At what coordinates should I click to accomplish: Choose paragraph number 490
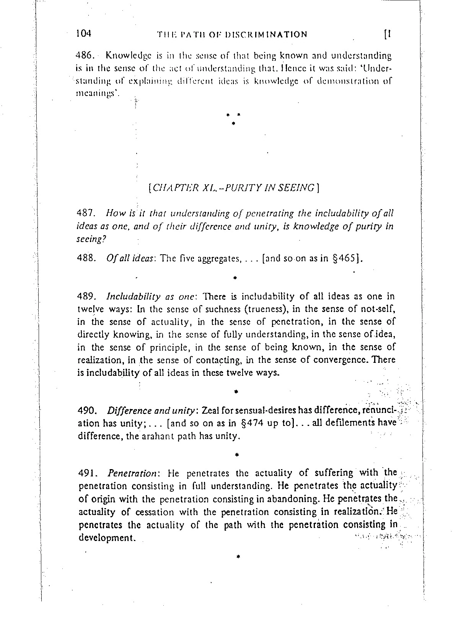(x=86, y=411)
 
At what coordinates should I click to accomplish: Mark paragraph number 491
(x=86, y=473)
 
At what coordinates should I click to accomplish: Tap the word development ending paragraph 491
(x=107, y=538)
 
